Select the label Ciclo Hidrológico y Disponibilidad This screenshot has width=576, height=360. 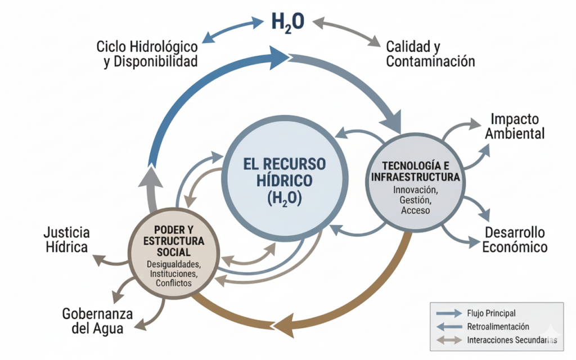click(147, 53)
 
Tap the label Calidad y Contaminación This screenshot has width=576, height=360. click(430, 53)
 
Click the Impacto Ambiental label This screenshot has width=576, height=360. click(515, 127)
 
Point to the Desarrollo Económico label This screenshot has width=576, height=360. click(515, 240)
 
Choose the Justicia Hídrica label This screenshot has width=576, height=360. click(66, 240)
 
